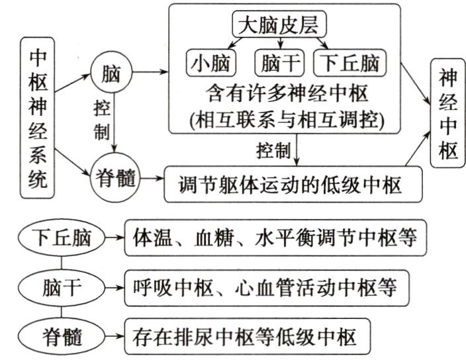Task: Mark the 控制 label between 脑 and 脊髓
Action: (101, 119)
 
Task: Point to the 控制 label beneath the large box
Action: (272, 152)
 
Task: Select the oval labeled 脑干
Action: (61, 289)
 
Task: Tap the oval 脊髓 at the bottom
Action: (61, 337)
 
